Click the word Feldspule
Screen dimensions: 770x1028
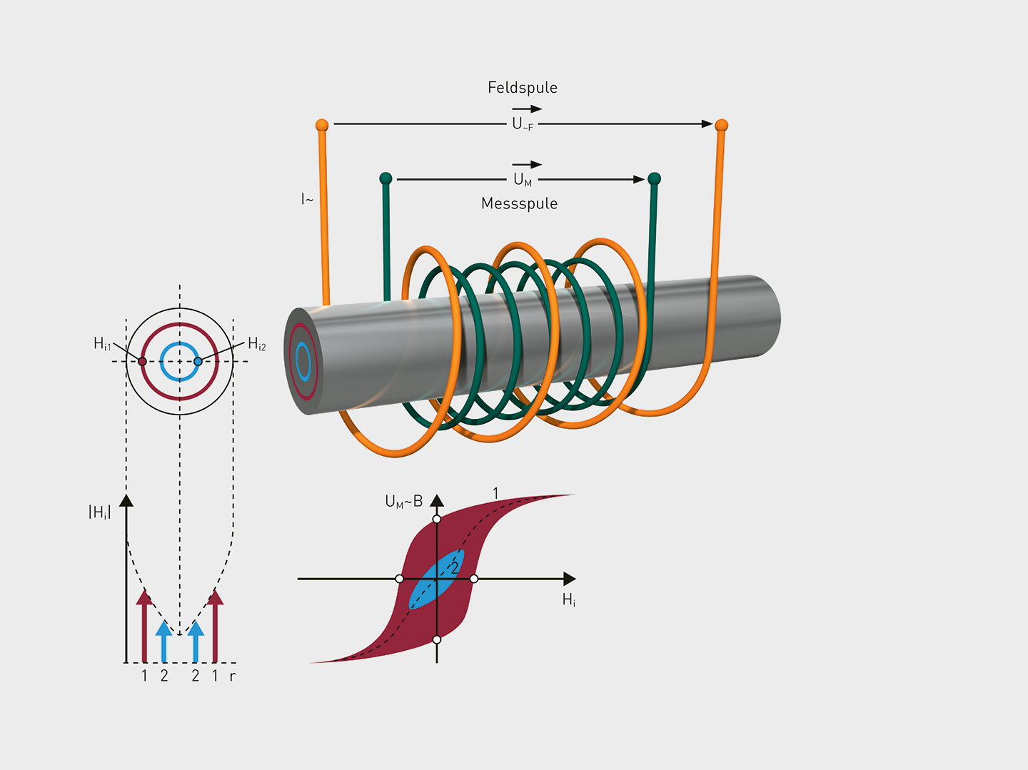pos(522,88)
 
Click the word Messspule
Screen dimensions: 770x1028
pos(519,204)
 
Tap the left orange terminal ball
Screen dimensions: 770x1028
pos(322,126)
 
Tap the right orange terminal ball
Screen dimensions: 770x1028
pos(721,126)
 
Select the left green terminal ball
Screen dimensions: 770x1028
pos(385,178)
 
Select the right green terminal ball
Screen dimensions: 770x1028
pos(654,178)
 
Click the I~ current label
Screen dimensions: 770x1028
pos(307,199)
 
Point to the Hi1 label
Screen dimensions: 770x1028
pos(102,344)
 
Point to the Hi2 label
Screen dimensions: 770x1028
pos(257,344)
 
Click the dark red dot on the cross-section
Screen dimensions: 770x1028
pos(142,362)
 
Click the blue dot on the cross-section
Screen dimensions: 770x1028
pos(198,362)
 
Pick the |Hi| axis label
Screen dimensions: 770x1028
pos(99,512)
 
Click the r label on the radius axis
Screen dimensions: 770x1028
pos(232,676)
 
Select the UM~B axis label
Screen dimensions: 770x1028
pos(403,502)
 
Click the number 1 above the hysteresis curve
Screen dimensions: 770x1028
pos(495,493)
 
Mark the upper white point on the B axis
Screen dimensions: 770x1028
pos(437,519)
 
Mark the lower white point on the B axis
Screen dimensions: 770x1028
pos(437,639)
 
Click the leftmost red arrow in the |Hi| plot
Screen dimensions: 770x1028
pos(144,624)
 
